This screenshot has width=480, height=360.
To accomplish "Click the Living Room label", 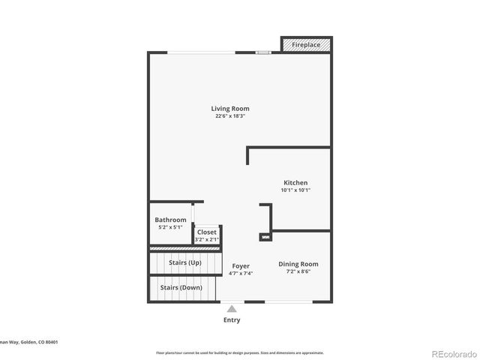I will pos(229,109).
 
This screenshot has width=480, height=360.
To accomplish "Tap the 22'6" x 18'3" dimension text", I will pos(229,116).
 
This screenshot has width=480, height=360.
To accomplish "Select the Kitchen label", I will pos(295,182).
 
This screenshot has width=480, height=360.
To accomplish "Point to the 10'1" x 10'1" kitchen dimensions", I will pos(295,190).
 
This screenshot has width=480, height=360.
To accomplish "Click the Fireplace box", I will pos(305,45).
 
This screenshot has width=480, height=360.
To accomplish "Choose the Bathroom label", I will pos(170,220).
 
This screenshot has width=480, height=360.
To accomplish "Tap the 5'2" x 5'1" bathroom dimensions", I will pos(170,227).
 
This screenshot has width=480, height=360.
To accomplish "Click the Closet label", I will pos(206,232).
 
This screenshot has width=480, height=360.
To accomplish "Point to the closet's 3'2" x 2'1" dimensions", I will pos(206,240).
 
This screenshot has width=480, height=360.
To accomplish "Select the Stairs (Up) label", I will pos(184,262).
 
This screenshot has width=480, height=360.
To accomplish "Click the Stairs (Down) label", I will pos(180,287).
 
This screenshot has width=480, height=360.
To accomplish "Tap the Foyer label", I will pos(240,266).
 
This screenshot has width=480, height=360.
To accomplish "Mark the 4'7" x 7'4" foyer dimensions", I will pos(240,274).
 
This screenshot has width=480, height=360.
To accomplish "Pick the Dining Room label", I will pos(298,264).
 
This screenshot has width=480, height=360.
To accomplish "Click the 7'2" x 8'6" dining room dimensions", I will pos(298,271).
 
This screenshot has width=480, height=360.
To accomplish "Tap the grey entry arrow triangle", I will pos(232,308).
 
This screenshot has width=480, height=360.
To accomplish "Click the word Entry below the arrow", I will pos(232,320).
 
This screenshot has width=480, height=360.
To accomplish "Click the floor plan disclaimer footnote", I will pos(239,352).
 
